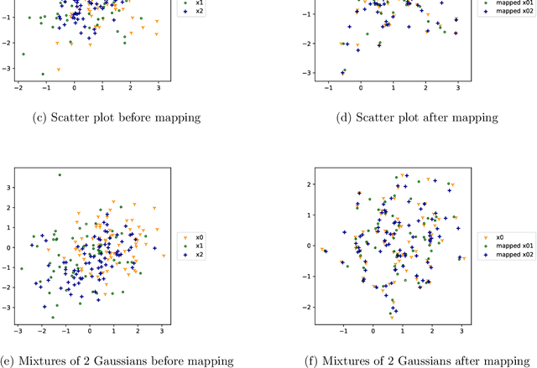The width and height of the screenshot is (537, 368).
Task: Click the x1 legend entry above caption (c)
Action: [x=198, y=3]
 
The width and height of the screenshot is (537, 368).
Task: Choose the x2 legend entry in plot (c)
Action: [x=198, y=12]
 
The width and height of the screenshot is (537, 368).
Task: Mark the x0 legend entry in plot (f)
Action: [x=500, y=237]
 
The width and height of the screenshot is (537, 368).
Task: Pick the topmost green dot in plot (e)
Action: [x=59, y=175]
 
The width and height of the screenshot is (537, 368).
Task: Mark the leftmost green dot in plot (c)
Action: [x=23, y=54]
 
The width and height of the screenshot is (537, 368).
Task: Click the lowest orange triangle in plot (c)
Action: [x=58, y=70]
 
